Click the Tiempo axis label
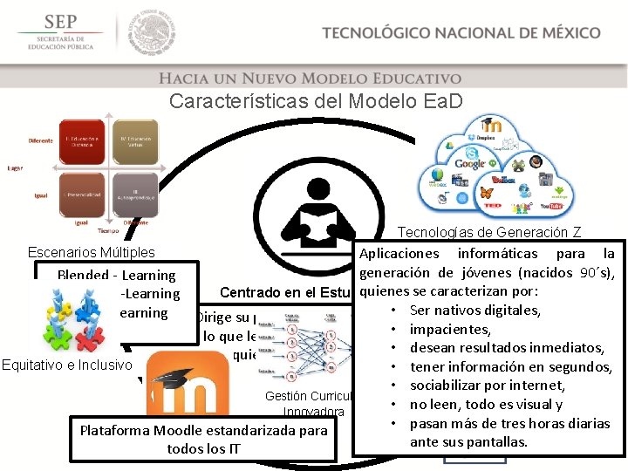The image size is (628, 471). (108, 230)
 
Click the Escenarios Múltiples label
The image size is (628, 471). (92, 252)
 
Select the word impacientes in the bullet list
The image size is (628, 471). (446, 329)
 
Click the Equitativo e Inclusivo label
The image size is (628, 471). (66, 365)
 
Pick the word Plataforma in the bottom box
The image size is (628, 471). (115, 430)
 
